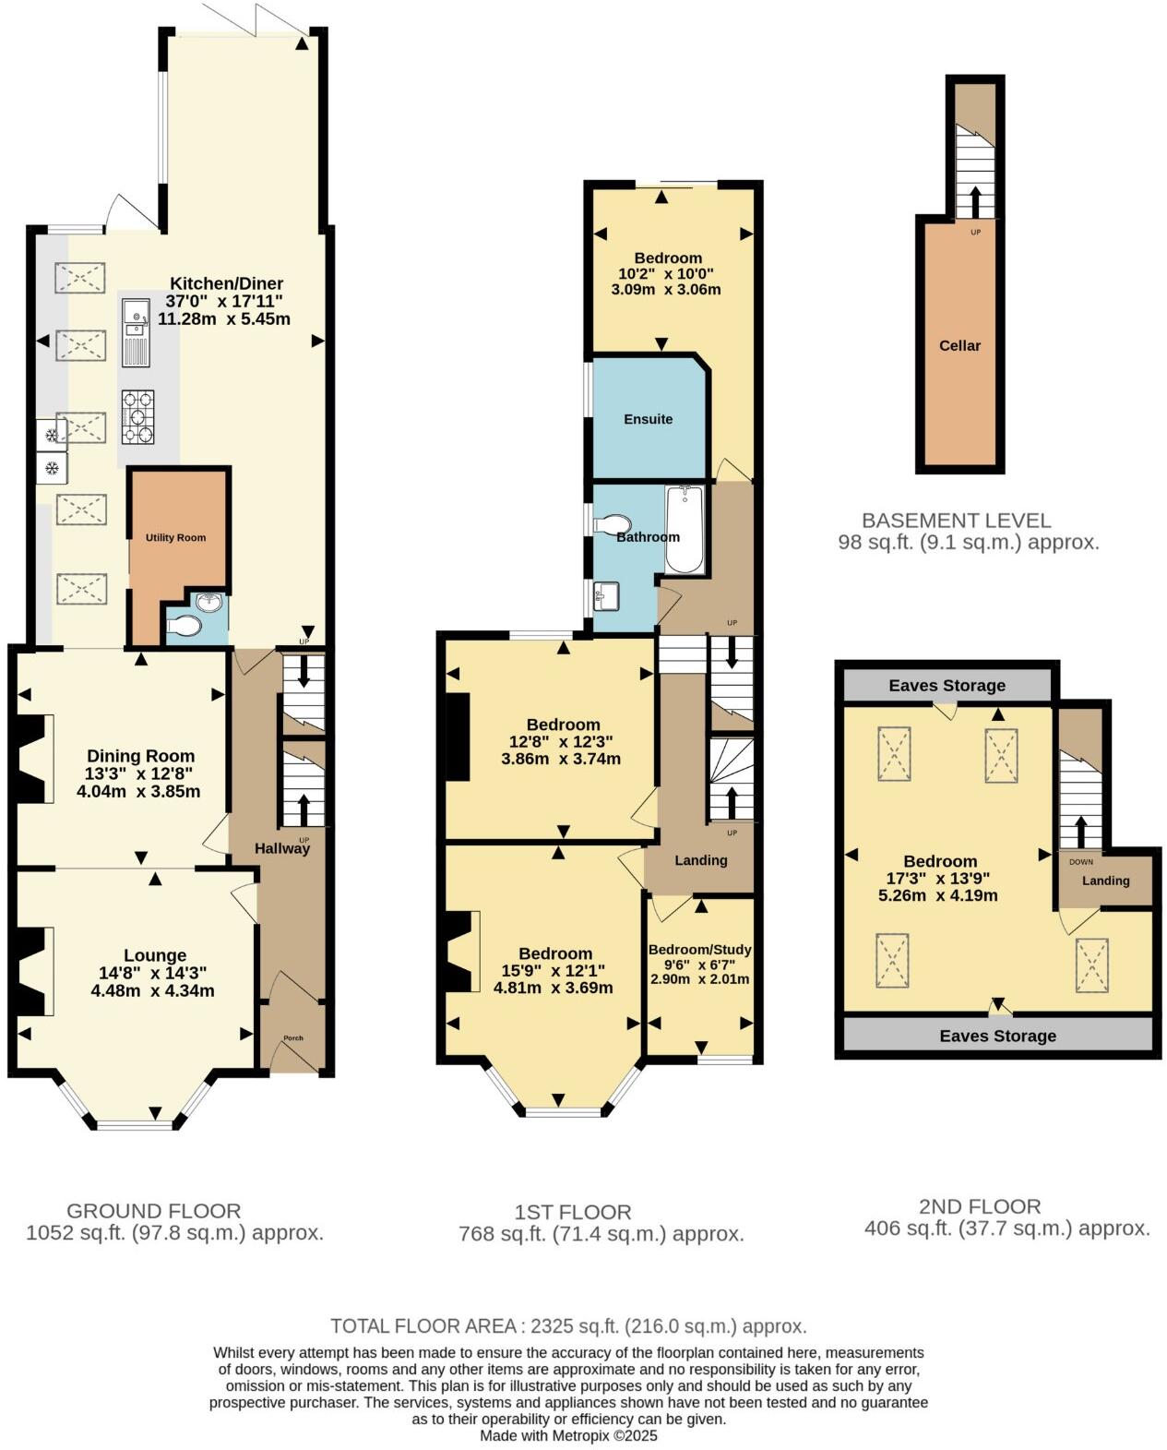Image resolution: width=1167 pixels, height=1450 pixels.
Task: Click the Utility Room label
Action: (x=175, y=537)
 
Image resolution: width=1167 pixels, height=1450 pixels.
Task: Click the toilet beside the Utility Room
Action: (x=185, y=628)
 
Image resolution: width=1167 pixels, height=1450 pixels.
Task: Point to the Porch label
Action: (x=292, y=1037)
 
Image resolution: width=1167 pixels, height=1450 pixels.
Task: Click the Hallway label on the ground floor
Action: (x=282, y=848)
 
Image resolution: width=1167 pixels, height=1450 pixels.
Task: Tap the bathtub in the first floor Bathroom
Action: (x=685, y=531)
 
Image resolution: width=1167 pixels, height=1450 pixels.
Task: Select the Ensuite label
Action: (x=648, y=419)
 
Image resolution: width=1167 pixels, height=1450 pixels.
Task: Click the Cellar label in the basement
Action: (x=959, y=345)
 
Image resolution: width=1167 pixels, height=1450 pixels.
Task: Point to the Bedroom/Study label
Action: (x=699, y=950)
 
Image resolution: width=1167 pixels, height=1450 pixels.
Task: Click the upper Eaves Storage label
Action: (x=947, y=686)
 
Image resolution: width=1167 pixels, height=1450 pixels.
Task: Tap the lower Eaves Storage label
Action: (x=997, y=1036)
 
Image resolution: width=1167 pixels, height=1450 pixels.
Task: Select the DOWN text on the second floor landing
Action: (x=1081, y=862)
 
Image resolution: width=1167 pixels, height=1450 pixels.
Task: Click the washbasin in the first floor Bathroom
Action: (x=607, y=595)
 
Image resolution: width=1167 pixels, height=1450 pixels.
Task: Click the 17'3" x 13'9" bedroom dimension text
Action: (x=940, y=879)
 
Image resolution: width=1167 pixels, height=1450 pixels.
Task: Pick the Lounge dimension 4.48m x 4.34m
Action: (x=153, y=990)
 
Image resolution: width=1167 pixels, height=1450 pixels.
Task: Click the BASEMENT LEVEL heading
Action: (x=956, y=521)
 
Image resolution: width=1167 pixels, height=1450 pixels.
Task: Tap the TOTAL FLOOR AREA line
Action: (x=568, y=1326)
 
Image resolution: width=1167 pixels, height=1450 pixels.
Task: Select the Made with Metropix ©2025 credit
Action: (x=568, y=1436)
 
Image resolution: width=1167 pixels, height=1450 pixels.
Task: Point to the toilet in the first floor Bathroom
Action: (x=610, y=525)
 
